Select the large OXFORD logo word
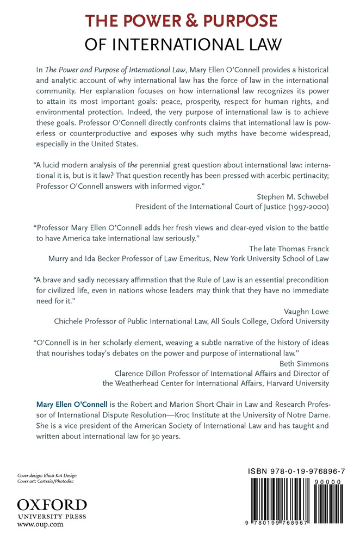pos(52,503)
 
